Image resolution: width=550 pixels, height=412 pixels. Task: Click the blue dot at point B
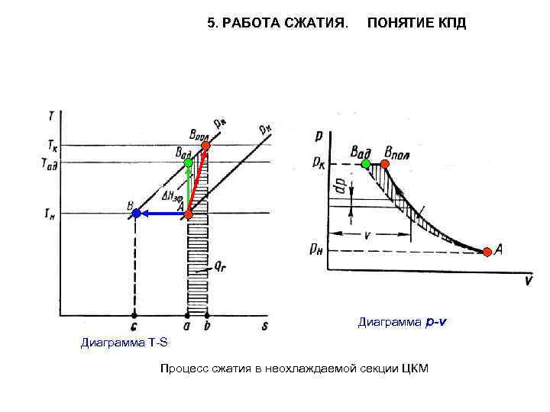136,214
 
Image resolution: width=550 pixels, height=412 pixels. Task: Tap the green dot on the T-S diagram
188,163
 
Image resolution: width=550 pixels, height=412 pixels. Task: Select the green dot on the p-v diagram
366,163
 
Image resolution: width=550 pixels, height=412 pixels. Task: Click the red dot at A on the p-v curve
487,252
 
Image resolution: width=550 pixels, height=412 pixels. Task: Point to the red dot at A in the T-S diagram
189,214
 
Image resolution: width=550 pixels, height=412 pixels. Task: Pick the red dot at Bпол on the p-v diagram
385,163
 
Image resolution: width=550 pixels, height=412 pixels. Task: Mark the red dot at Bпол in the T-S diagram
205,145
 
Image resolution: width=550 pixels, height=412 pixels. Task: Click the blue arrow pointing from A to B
160,214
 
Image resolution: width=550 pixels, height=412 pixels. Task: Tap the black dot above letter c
134,314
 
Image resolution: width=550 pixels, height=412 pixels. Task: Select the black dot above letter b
206,314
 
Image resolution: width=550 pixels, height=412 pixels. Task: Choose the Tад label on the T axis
47,161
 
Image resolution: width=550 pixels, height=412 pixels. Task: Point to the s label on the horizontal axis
264,325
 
